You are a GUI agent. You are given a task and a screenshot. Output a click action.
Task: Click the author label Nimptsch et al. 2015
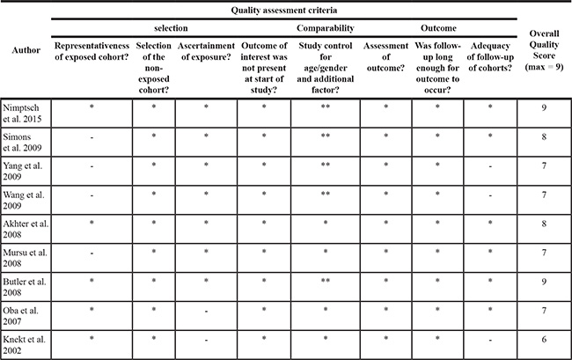[x=25, y=113]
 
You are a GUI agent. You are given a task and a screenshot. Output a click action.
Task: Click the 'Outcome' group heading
[x=438, y=27]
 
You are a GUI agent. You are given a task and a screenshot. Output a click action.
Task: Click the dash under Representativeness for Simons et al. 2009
[x=92, y=136]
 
